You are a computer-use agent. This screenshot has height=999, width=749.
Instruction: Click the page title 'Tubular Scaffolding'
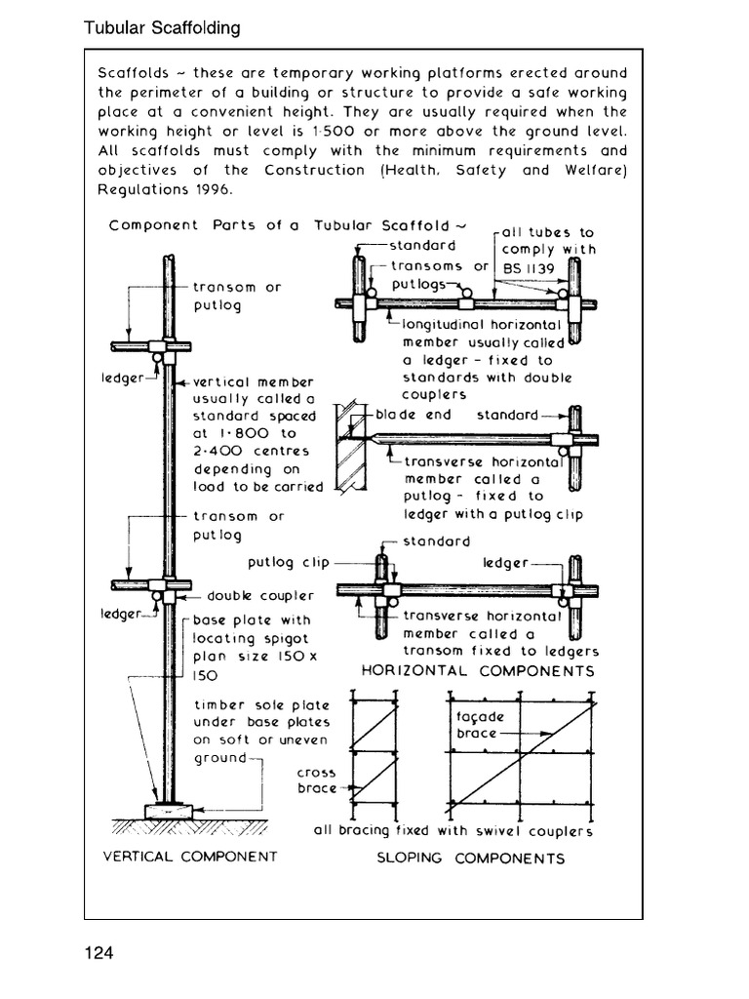162,28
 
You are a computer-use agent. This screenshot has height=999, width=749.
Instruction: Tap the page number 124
99,952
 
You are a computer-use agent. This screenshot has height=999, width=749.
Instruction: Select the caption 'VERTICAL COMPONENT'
190,857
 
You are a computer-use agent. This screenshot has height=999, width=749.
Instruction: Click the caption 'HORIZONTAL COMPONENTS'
478,671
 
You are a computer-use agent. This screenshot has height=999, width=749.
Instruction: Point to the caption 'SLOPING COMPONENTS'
471,859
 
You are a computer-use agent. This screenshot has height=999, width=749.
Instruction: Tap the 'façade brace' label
477,725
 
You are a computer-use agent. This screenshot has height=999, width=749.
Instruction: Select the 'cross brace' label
316,780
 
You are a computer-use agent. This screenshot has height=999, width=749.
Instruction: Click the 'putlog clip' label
289,563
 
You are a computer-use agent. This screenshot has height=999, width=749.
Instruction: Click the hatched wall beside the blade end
348,449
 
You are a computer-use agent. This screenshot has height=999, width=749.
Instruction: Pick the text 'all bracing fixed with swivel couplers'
453,831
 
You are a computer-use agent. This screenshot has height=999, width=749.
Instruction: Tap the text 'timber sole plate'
261,705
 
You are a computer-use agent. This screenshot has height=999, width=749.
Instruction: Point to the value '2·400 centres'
251,451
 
